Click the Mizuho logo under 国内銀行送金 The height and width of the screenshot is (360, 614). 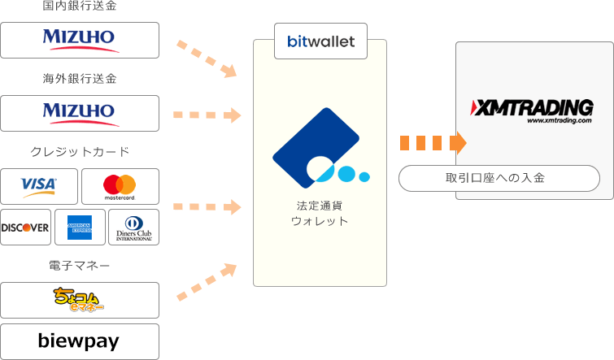[x=80, y=40]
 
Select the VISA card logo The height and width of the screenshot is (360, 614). [x=39, y=187]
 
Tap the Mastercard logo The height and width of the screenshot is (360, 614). [x=120, y=187]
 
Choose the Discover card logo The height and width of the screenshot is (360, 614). [x=25, y=228]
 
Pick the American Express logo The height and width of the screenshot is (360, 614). [x=80, y=228]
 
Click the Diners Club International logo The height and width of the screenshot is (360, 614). [x=133, y=228]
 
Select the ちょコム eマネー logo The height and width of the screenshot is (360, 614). [x=80, y=300]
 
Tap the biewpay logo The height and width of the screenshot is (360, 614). [x=80, y=341]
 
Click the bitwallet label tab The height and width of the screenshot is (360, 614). [x=320, y=41]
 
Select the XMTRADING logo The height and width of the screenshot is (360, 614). [x=532, y=109]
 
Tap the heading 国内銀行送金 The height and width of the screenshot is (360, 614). [x=80, y=7]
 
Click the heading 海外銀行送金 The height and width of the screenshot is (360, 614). [x=80, y=79]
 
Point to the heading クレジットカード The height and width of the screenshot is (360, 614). [x=80, y=152]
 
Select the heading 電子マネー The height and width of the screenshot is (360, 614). [x=80, y=265]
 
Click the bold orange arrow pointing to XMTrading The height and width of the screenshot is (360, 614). [x=433, y=144]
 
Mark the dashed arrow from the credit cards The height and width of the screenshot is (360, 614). [x=208, y=206]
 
